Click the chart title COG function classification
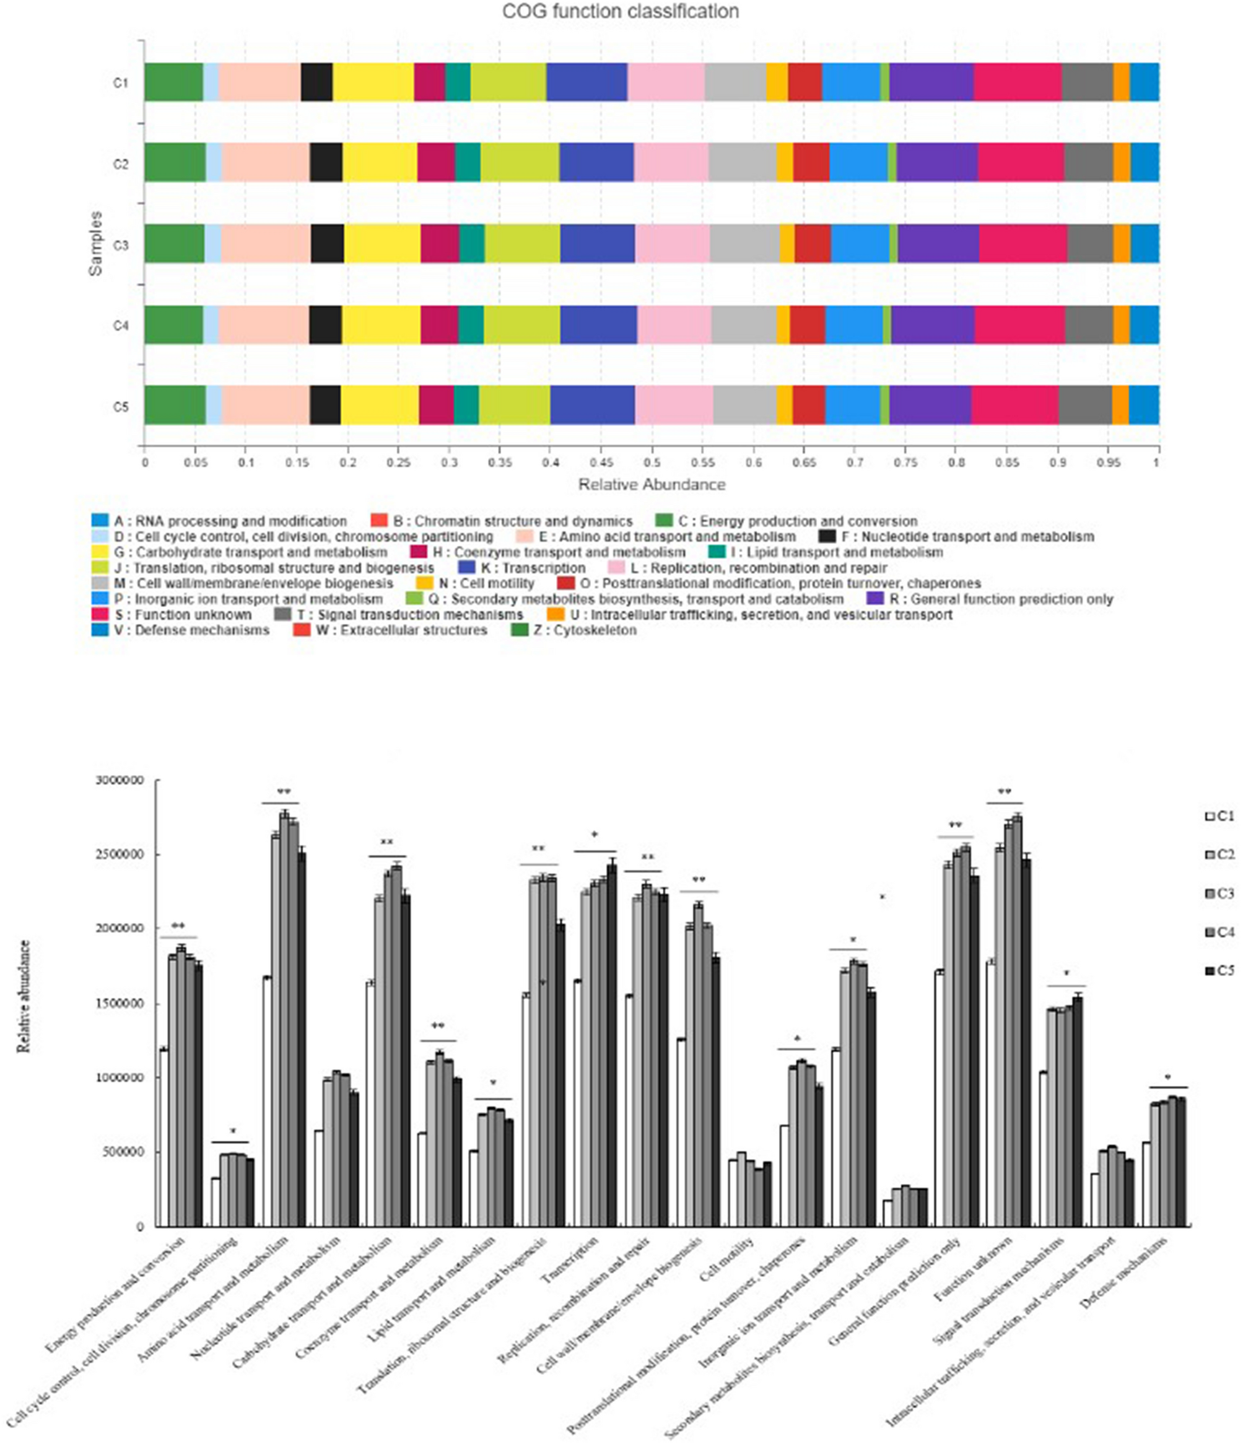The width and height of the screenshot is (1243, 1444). pyautogui.click(x=621, y=12)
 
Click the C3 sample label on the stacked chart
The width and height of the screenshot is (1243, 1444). pyautogui.click(x=121, y=245)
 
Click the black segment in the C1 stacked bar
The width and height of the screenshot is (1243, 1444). pyautogui.click(x=316, y=82)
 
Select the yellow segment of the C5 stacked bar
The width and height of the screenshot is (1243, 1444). pyautogui.click(x=379, y=405)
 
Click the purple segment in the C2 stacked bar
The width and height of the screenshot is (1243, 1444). pyautogui.click(x=936, y=163)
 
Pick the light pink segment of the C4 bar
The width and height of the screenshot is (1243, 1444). pyautogui.click(x=673, y=324)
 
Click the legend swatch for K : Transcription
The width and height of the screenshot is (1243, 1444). pyautogui.click(x=466, y=568)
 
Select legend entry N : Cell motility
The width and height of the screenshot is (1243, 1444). pyautogui.click(x=486, y=583)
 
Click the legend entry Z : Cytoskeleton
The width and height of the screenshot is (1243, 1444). pyautogui.click(x=593, y=630)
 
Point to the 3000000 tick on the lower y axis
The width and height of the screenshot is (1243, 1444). pyautogui.click(x=120, y=781)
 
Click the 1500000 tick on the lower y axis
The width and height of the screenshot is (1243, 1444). pyautogui.click(x=120, y=1004)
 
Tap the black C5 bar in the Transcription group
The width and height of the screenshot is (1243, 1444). pyautogui.click(x=611, y=1045)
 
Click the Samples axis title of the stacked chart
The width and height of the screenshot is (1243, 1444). pyautogui.click(x=95, y=243)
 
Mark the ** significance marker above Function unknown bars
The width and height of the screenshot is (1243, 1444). pyautogui.click(x=1005, y=793)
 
